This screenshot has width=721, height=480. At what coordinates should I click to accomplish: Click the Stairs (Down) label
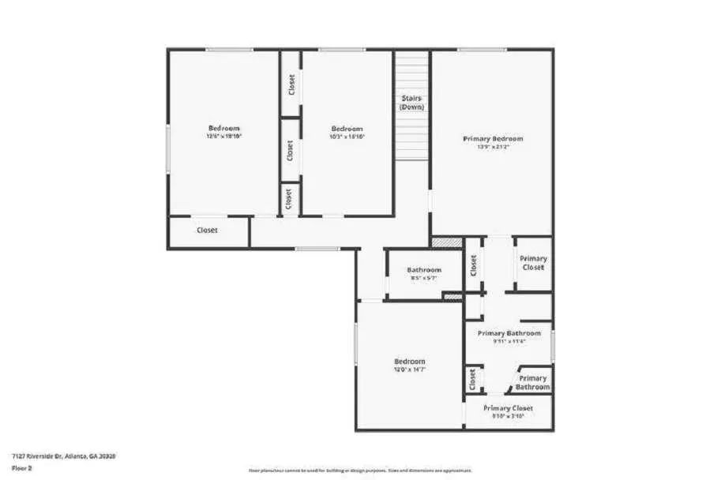[411, 103]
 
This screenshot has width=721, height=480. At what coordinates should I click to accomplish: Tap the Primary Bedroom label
[493, 139]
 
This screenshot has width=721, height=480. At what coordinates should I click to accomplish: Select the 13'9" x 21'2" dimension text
[493, 147]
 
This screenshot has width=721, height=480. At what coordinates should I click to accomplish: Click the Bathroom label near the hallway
[424, 270]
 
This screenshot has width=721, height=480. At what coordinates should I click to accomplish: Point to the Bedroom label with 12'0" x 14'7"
[409, 362]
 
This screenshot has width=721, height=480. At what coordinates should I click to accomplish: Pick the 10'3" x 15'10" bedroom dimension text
[347, 137]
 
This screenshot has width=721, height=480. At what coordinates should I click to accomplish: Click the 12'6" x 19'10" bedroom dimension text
[223, 136]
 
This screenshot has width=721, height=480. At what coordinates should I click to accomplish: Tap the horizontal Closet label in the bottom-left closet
[207, 231]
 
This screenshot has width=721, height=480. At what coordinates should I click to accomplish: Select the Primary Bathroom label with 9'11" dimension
[509, 333]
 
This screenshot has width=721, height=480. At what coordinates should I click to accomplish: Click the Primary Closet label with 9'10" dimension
[509, 408]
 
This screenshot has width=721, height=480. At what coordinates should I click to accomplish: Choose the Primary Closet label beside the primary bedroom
[533, 263]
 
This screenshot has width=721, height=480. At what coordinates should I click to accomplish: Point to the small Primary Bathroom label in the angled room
[533, 383]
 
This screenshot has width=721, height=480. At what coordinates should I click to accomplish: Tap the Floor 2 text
[21, 467]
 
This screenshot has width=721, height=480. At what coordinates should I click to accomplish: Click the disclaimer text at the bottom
[360, 471]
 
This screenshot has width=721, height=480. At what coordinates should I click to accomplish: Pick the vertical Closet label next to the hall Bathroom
[474, 266]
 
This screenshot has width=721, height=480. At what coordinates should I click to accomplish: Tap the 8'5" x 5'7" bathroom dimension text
[424, 278]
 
